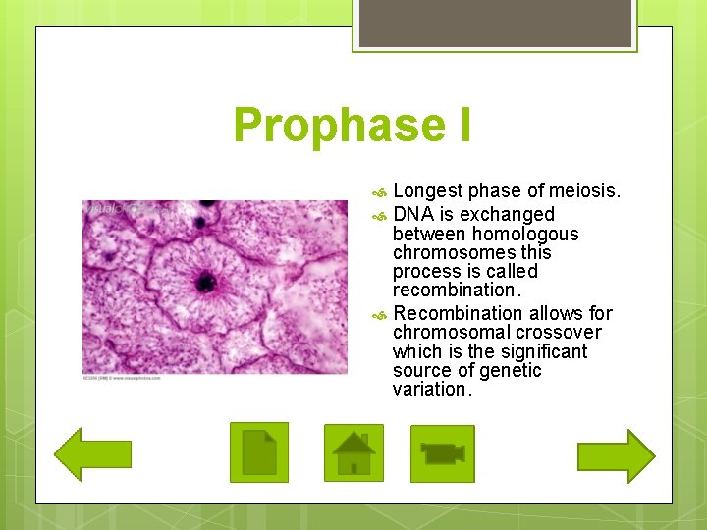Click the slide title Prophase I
(x=353, y=125)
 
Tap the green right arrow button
(x=616, y=455)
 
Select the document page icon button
(x=259, y=452)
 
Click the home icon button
(x=353, y=452)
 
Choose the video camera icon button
(x=442, y=453)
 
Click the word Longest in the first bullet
(x=428, y=190)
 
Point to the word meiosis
(x=585, y=190)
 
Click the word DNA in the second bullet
(x=412, y=214)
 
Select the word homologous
(x=525, y=234)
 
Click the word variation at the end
(x=430, y=389)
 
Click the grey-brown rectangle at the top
(x=494, y=23)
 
